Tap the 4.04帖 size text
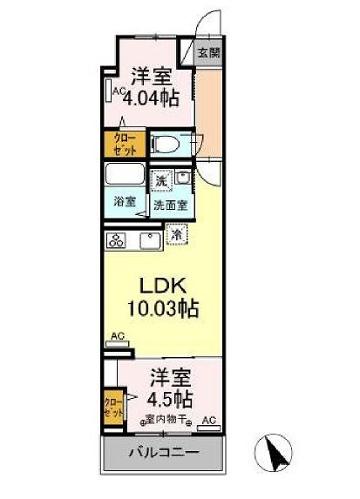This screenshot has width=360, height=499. [151, 97]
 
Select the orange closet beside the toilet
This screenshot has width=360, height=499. [125, 144]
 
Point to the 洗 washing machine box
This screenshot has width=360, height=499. [160, 181]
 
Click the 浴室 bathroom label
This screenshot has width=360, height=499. [124, 202]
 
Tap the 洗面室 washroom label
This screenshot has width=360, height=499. [169, 206]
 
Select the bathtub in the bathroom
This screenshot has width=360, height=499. [126, 175]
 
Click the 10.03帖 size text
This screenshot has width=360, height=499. [162, 309]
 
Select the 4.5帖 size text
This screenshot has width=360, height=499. [170, 401]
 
